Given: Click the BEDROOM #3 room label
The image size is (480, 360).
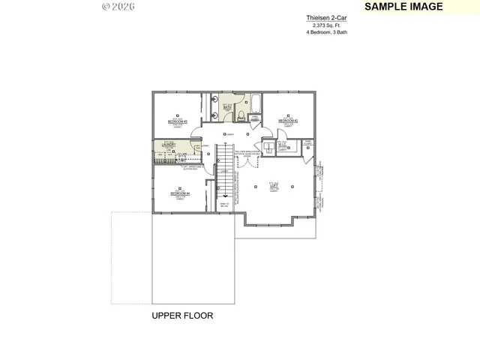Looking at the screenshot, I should (x=177, y=121).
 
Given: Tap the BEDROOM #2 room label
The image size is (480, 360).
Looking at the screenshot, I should (x=288, y=120).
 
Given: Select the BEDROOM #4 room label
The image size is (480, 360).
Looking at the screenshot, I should (x=180, y=194).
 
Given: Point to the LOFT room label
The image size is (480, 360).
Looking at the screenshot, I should (x=274, y=185).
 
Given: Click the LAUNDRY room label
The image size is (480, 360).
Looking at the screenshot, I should (x=169, y=145).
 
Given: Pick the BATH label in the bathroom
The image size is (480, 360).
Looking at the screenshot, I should (x=227, y=107).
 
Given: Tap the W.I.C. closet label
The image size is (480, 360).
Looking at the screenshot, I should (x=283, y=145).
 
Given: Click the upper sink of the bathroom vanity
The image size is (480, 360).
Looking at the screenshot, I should (x=214, y=100).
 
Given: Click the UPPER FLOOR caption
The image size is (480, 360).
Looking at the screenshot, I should (x=182, y=316).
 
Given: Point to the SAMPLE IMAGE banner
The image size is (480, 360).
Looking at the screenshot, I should (x=403, y=7).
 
